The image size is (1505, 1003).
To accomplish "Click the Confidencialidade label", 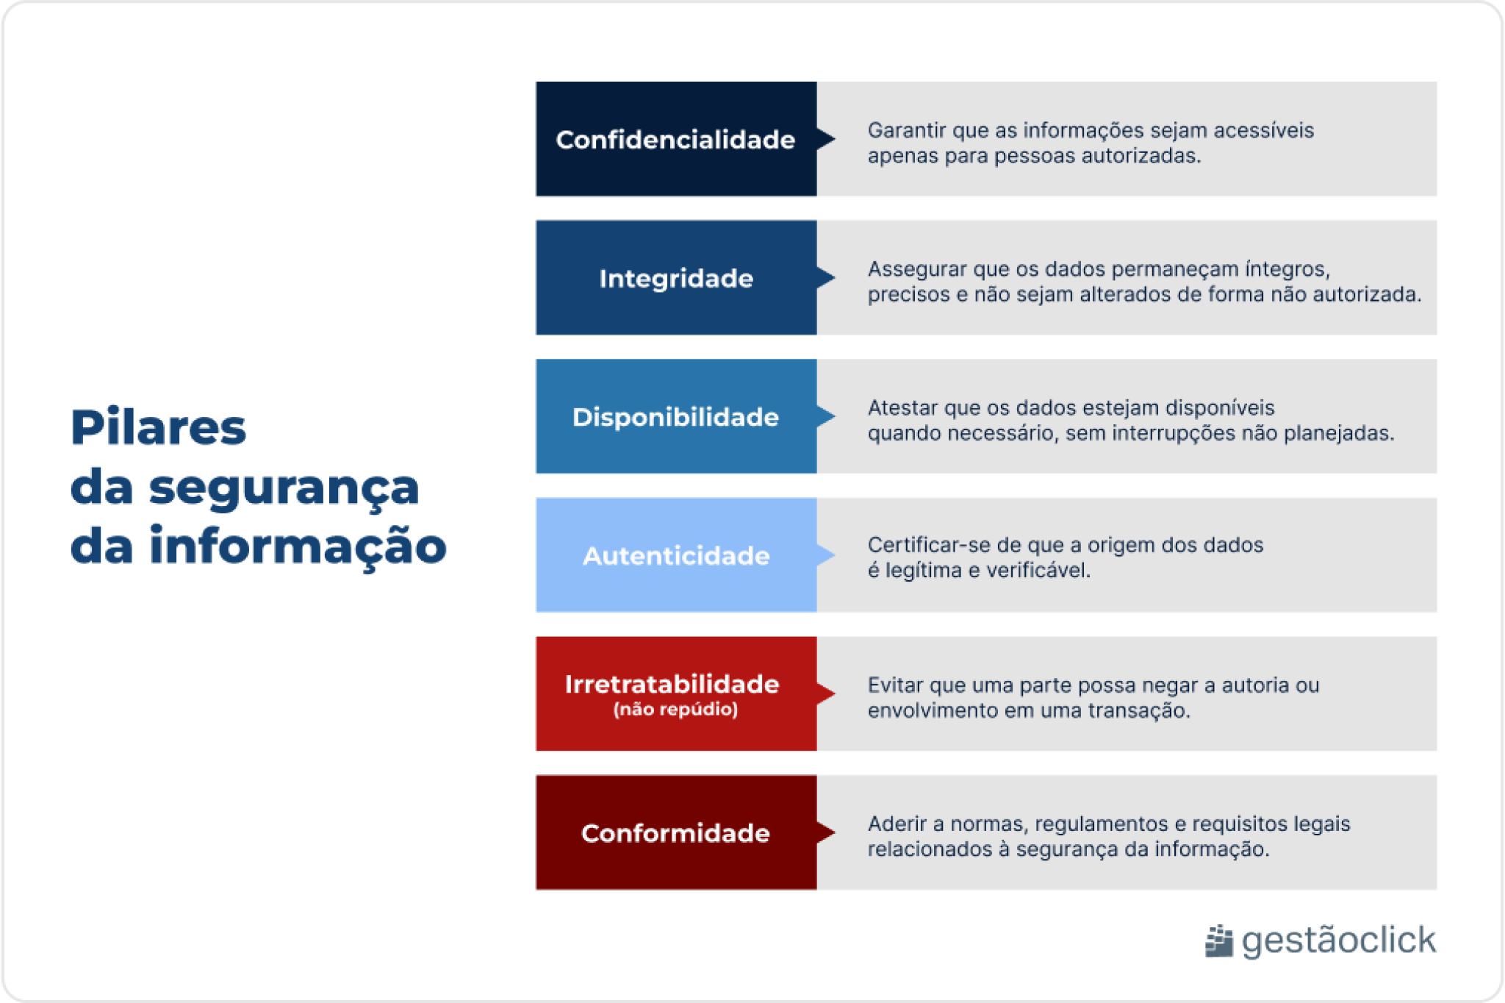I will coord(675,140).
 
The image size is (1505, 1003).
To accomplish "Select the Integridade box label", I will coord(675,279).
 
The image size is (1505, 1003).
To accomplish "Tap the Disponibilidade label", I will coord(675,417).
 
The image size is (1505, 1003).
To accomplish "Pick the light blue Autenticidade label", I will coord(675,556).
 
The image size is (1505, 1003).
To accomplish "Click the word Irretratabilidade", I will coord(672,684).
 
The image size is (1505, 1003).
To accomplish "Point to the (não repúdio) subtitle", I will coord(675,709).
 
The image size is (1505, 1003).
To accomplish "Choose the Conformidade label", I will coord(675,833).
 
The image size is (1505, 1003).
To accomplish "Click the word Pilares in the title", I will coord(158,427).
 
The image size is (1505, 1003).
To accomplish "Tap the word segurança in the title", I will coord(284,488).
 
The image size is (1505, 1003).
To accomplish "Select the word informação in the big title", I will coord(298,546).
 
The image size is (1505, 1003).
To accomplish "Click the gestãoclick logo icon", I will coord(1218,941).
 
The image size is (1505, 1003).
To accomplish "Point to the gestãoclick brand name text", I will coord(1338,940).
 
